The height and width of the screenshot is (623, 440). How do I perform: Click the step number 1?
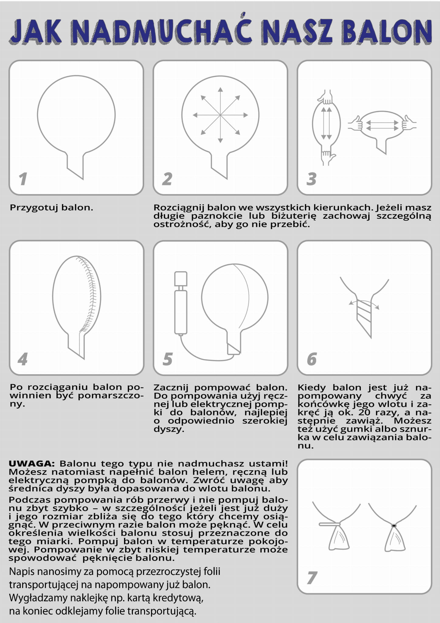coord(23,179)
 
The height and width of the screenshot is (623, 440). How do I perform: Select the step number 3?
coord(311,179)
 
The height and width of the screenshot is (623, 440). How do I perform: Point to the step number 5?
coord(168,359)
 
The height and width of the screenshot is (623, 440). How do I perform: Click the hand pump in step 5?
coord(181,303)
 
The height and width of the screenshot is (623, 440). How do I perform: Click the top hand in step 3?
coord(326,97)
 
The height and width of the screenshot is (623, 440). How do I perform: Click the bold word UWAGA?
coord(32,464)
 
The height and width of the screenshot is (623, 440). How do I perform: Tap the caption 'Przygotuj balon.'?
coord(51,208)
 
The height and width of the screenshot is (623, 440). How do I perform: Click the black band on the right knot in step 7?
coord(394,526)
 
